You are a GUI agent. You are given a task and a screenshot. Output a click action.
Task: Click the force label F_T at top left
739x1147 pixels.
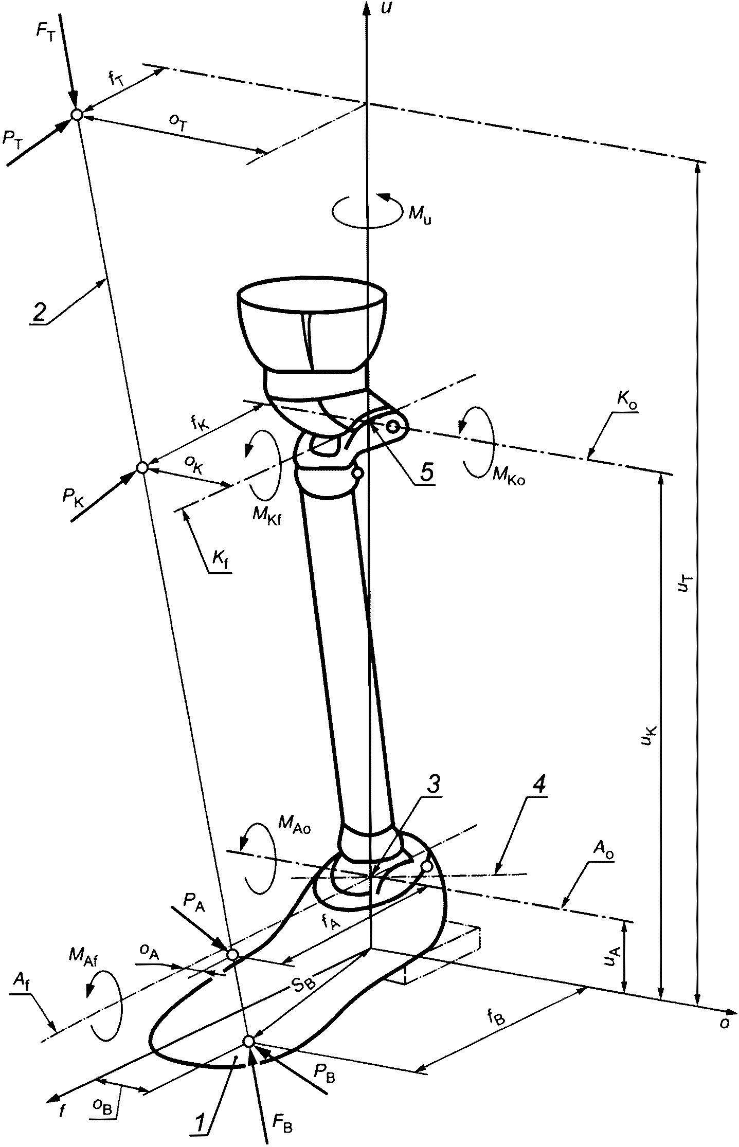pos(45,31)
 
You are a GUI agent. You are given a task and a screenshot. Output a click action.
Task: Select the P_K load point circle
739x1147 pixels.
pos(142,467)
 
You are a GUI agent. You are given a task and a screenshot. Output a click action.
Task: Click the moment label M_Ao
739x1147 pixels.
pos(295,827)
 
